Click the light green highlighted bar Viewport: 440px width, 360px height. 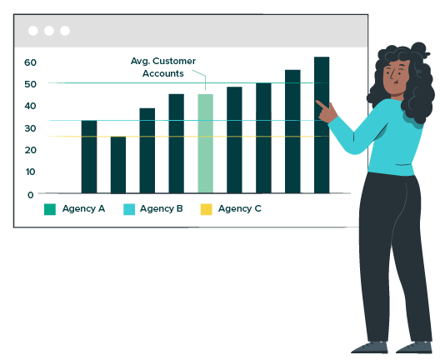pos(205,143)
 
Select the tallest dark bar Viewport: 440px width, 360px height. pos(322,125)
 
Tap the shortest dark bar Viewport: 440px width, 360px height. pos(118,165)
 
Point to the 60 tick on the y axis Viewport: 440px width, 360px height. pos(30,62)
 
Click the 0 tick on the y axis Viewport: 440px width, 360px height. pos(31,195)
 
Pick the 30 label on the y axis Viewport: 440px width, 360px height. pos(30,128)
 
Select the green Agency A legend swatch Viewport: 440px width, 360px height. pos(50,209)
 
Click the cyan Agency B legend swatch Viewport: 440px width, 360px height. pos(129,209)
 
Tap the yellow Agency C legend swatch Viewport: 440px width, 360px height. pos(207,209)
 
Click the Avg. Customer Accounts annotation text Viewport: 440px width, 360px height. pos(163,67)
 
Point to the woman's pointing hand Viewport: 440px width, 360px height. pos(327,112)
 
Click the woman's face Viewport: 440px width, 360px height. pos(396,77)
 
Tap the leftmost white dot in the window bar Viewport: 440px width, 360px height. pos(33,31)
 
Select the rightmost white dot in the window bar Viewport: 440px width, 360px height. pos(65,31)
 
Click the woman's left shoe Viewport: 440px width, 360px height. pos(414,347)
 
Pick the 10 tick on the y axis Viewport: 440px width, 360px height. pos(30,172)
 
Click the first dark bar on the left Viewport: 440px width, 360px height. pos(89,157)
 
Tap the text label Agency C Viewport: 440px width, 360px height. pos(240,209)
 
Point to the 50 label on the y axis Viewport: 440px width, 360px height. pos(30,84)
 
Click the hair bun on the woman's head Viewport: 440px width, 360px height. pos(420,50)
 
